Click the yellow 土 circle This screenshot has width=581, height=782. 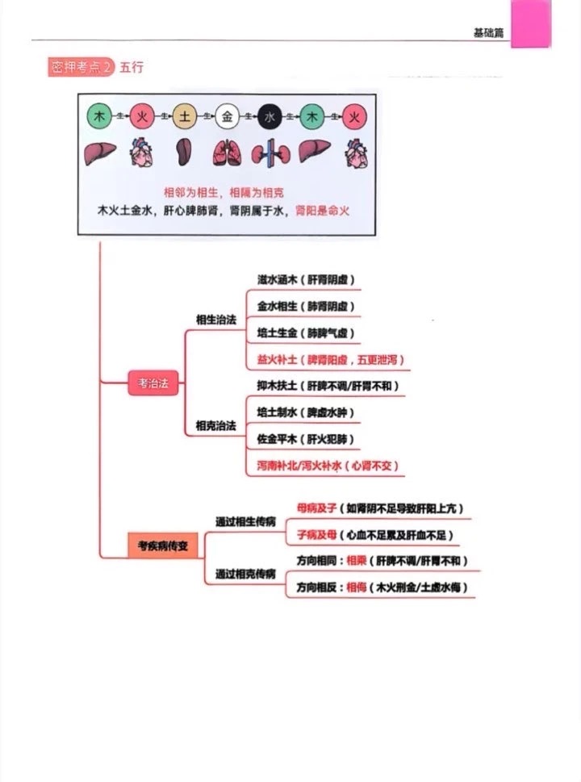point(185,116)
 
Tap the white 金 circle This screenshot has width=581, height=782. point(227,116)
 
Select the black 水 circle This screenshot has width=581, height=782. point(270,116)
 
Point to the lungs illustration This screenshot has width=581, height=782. point(227,153)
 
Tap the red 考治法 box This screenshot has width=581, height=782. point(154,384)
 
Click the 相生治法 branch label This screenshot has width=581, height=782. point(216,320)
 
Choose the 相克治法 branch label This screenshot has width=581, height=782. point(216,425)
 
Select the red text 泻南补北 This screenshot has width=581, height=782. point(278,466)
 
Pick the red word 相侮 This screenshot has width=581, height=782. point(356,588)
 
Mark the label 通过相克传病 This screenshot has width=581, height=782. point(245,574)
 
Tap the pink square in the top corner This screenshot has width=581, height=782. point(532,23)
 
